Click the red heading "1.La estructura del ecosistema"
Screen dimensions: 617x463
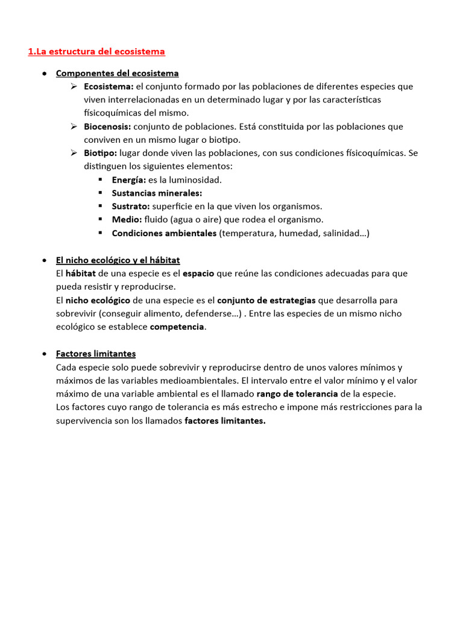(96, 52)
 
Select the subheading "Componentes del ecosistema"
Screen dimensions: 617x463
(117, 74)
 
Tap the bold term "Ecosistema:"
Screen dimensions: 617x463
(109, 87)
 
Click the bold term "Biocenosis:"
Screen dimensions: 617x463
(107, 127)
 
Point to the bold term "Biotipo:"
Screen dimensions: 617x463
(101, 153)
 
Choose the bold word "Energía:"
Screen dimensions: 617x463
(129, 180)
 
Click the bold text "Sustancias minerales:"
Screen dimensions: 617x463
(157, 193)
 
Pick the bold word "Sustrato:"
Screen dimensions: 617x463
(131, 207)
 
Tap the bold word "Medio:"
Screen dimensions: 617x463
(127, 220)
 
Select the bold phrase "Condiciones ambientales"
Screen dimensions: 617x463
(164, 233)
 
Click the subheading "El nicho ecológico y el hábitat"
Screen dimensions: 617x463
(118, 260)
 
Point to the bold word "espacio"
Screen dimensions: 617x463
(198, 274)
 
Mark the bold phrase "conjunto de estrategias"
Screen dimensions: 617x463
(266, 300)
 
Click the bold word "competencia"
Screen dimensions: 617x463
(177, 327)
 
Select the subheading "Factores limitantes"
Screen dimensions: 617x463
(96, 354)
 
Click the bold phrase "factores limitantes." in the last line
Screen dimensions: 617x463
(225, 421)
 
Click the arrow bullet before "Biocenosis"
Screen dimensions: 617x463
(73, 127)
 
